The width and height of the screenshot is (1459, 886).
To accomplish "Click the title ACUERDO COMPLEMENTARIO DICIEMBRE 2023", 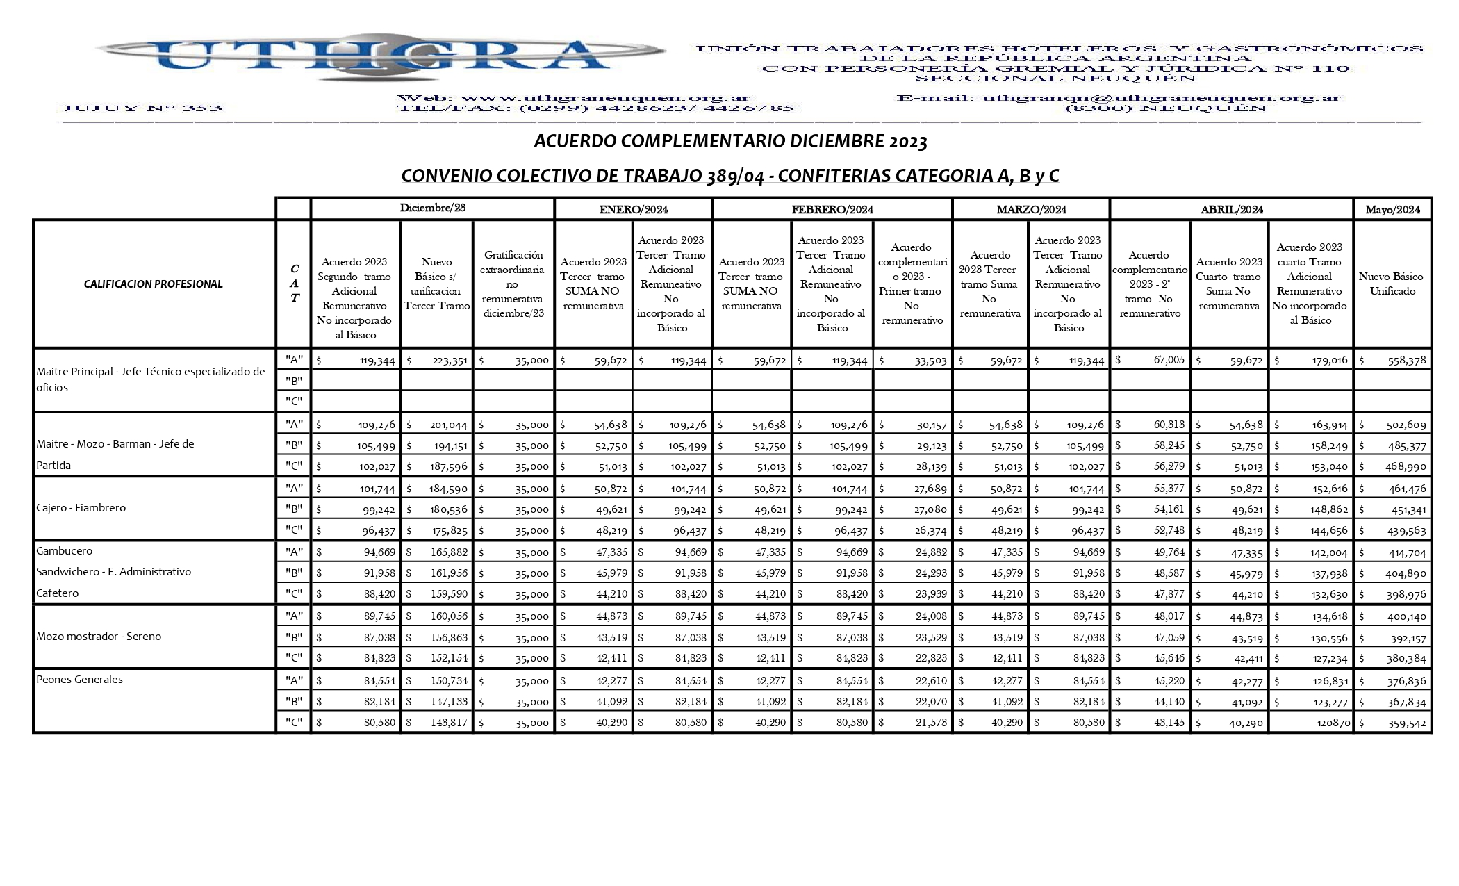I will click(x=730, y=142).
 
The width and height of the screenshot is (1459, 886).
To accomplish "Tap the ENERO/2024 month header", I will click(x=633, y=209).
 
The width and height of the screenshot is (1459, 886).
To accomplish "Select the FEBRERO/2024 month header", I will click(x=832, y=209).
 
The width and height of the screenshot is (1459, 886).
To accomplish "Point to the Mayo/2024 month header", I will click(x=1392, y=209).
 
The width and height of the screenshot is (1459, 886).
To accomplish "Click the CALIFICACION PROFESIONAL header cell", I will click(x=154, y=284).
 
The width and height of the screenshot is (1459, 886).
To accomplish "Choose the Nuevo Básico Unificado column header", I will click(x=1392, y=284).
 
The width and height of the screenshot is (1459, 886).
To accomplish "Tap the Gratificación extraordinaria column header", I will click(x=513, y=284).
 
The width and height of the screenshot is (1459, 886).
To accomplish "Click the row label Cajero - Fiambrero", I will click(x=81, y=508).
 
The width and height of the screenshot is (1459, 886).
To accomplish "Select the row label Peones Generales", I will click(x=79, y=680).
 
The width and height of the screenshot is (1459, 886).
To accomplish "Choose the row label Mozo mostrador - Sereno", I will click(x=99, y=637).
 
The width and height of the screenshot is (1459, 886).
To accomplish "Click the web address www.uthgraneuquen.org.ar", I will click(x=605, y=98).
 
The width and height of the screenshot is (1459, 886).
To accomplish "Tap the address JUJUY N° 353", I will click(x=142, y=108).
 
